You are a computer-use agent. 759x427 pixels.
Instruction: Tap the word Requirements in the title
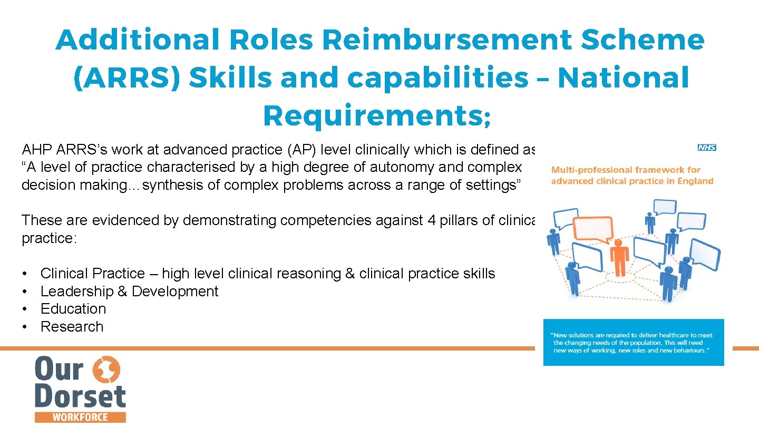click(371, 116)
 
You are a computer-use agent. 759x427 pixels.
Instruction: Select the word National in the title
click(623, 78)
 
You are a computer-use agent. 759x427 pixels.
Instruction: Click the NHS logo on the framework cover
click(707, 148)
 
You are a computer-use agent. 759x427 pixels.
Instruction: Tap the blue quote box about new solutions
click(634, 342)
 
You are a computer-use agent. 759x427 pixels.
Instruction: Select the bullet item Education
click(73, 309)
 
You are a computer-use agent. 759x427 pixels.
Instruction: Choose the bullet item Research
click(72, 327)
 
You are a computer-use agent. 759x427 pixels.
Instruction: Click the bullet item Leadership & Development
click(129, 292)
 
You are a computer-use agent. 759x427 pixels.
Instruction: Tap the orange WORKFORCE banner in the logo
click(80, 417)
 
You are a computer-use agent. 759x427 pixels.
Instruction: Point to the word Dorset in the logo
click(80, 397)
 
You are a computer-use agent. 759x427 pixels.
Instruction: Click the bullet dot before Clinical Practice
click(25, 274)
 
